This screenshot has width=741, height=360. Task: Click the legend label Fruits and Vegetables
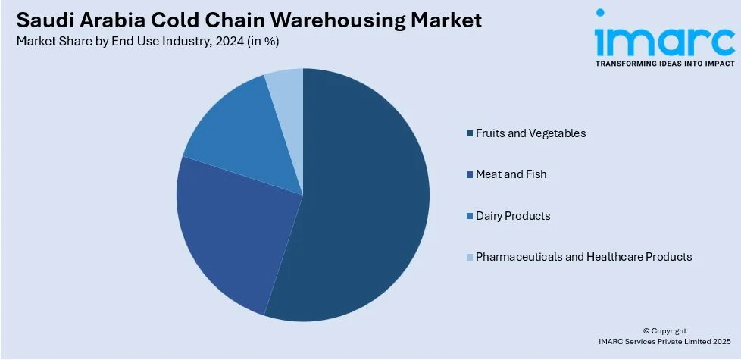[530, 133]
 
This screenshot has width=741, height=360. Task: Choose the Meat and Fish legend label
[511, 174]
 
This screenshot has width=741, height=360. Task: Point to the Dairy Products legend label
[513, 216]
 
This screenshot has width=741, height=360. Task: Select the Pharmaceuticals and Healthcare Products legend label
[583, 257]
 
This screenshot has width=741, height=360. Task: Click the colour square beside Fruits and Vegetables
[470, 133]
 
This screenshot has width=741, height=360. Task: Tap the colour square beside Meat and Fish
[470, 175]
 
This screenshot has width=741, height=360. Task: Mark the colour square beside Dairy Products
[470, 216]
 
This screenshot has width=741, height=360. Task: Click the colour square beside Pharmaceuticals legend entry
[470, 258]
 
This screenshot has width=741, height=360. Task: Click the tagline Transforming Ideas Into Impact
[664, 64]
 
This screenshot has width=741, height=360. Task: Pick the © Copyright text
[664, 330]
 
